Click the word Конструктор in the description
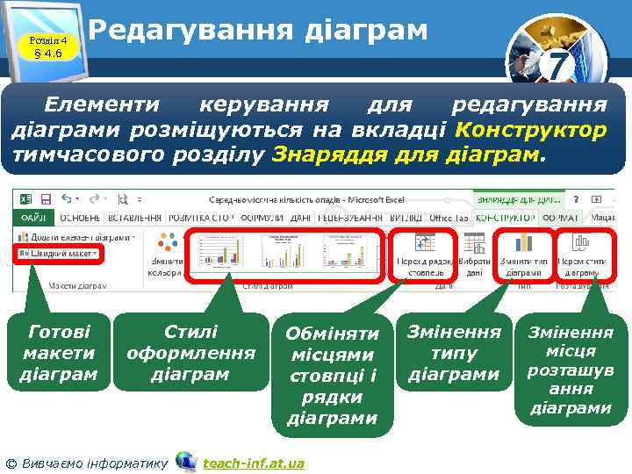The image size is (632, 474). (x=531, y=131)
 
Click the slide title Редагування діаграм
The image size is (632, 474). (x=258, y=32)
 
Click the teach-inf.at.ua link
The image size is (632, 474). (x=253, y=463)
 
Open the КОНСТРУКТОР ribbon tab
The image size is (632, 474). (x=504, y=216)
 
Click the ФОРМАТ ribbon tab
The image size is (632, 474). (x=558, y=216)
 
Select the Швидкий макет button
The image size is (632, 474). (x=59, y=254)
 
